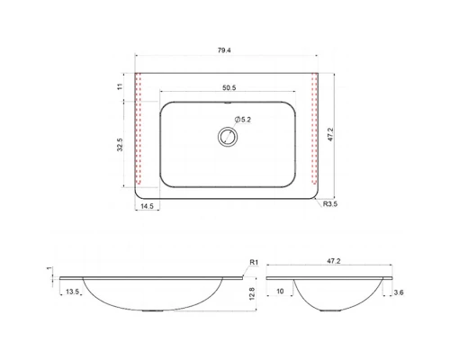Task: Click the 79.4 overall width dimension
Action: tap(224, 50)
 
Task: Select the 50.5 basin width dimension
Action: tap(229, 87)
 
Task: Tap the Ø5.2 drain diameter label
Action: tap(243, 120)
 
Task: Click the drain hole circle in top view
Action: tap(228, 137)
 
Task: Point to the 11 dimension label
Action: tap(120, 86)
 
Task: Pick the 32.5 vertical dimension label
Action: tap(120, 145)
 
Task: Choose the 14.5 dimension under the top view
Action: tap(147, 206)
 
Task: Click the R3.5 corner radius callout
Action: tap(330, 204)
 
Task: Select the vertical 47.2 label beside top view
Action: tap(330, 134)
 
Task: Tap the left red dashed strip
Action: tap(139, 129)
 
